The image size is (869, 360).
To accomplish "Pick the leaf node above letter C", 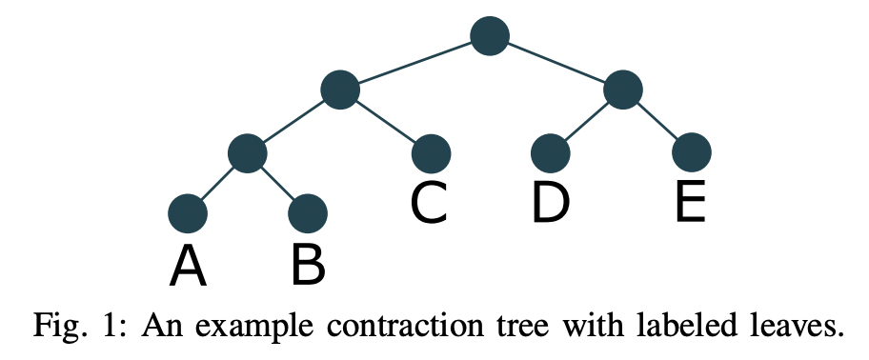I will coord(431,152).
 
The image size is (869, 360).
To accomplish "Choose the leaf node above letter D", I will coord(551,152).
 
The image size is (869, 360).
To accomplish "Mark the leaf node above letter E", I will coord(691,152).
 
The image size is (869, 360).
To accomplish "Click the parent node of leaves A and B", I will coord(247,152).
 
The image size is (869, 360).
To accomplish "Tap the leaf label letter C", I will coord(431,203).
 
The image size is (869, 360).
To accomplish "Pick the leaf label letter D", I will coord(551,203).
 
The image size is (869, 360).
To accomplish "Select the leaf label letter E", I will coord(691,203).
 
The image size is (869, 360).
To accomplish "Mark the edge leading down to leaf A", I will coord(217,183).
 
